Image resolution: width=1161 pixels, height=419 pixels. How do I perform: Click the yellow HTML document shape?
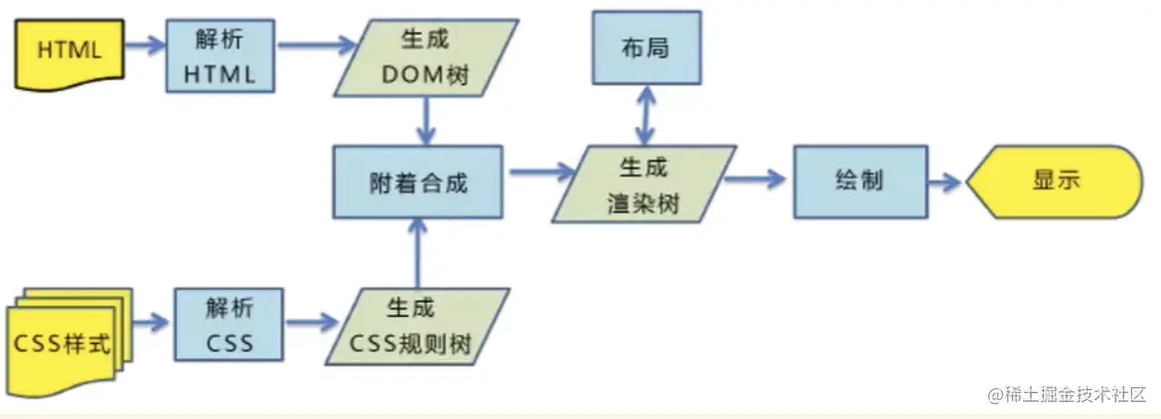click(x=71, y=50)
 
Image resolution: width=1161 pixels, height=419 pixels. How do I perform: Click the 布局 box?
click(x=647, y=47)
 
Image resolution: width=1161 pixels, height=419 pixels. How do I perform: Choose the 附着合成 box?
click(x=417, y=182)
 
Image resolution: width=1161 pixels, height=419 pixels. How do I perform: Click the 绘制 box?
click(x=860, y=182)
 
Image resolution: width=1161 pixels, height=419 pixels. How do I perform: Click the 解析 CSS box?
click(x=228, y=325)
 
